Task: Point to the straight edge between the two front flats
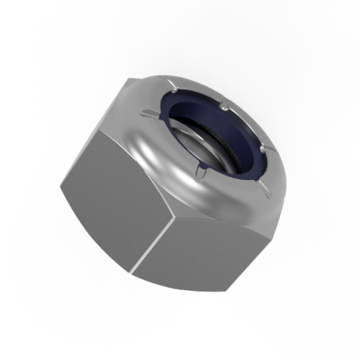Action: [163, 245]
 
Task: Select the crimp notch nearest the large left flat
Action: [148, 113]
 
